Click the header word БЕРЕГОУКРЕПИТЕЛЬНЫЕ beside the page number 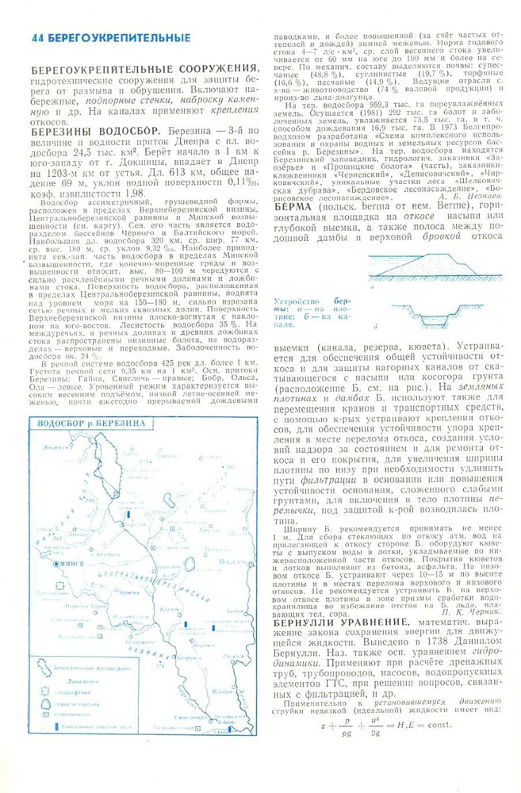click(x=118, y=37)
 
